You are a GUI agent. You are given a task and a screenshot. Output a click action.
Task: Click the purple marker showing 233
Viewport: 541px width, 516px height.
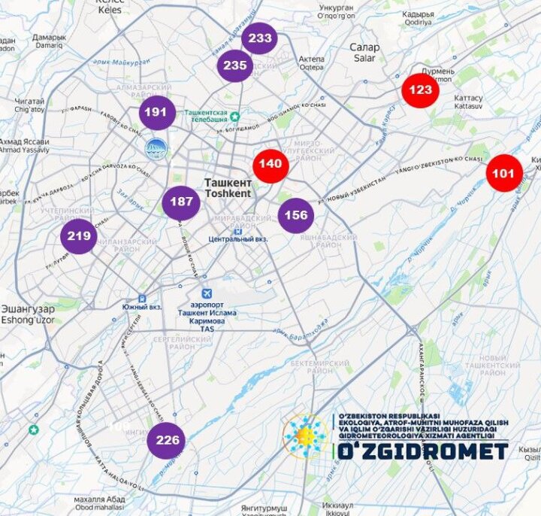(260, 38)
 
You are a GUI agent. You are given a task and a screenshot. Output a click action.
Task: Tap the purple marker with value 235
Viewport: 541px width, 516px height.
(235, 65)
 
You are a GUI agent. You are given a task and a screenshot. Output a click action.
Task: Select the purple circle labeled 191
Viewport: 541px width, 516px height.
(156, 112)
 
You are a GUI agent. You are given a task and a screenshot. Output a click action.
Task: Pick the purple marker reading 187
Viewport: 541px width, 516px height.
(181, 202)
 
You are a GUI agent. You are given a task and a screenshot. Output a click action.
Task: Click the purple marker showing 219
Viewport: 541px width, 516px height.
(79, 236)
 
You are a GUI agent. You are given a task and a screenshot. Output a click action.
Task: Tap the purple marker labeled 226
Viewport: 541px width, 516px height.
(167, 440)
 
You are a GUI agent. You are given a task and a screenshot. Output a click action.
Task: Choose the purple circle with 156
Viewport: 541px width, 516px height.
(296, 215)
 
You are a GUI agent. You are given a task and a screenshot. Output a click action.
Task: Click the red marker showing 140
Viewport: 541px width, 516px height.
(270, 164)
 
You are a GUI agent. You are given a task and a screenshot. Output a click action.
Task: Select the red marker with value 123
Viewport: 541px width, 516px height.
(420, 90)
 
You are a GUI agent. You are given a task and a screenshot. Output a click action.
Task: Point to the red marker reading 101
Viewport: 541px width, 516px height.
(503, 174)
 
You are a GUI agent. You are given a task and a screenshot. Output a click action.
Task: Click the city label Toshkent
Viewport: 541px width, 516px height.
(226, 193)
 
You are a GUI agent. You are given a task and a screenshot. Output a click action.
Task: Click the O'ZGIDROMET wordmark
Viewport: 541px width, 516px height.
(422, 451)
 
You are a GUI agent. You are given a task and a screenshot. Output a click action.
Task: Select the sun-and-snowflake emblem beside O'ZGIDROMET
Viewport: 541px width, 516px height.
(304, 436)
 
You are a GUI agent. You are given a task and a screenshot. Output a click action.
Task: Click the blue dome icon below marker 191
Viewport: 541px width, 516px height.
(156, 149)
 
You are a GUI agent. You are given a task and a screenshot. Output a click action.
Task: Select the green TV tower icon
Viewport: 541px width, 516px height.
(234, 117)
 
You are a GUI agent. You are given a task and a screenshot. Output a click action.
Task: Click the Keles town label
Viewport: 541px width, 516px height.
(109, 9)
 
